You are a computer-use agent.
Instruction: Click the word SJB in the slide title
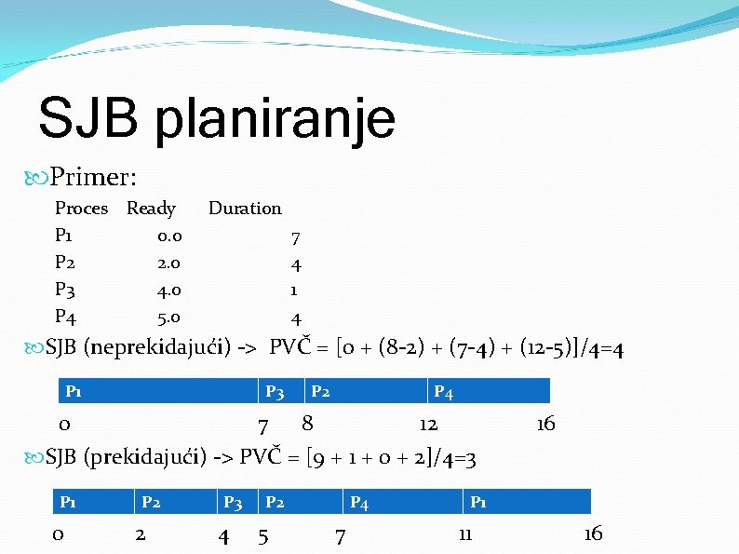(89, 119)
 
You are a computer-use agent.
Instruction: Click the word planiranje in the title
(275, 121)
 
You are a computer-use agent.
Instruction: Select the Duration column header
(245, 209)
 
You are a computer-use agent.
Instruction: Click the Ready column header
(151, 209)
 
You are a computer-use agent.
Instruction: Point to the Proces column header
(81, 209)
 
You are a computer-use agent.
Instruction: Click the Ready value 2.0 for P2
(169, 263)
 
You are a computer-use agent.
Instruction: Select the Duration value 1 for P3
(295, 291)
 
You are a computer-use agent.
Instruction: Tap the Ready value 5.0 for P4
(169, 318)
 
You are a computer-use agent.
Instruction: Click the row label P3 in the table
(67, 291)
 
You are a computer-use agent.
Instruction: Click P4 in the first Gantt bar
(443, 393)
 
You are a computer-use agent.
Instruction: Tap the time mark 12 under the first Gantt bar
(428, 425)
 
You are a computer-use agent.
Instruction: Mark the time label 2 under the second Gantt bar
(140, 534)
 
